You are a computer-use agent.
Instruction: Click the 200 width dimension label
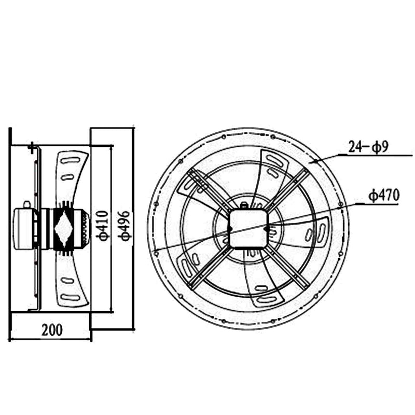pyautogui.click(x=51, y=329)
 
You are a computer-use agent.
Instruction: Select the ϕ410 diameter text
pyautogui.click(x=103, y=225)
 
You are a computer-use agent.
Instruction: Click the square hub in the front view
pyautogui.click(x=248, y=228)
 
